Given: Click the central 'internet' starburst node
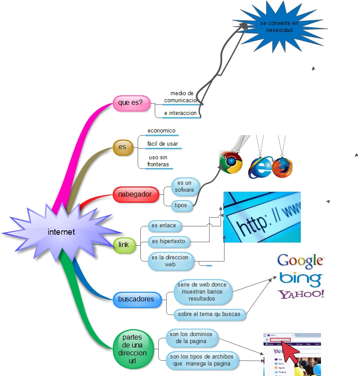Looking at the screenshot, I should point(61,232).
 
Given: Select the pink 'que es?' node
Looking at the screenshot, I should point(131,103).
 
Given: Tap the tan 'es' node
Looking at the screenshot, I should point(122,147).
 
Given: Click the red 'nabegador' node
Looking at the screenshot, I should point(135,194).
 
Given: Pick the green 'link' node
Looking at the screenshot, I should point(124,244).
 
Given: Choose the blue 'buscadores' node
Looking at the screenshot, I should point(136,299).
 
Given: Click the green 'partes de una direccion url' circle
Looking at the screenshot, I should point(135,349).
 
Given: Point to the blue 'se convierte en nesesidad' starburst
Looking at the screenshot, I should point(279,27).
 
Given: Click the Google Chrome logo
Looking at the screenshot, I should point(231,162).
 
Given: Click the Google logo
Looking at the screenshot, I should point(300,261).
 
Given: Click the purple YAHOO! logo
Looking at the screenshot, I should point(301,294).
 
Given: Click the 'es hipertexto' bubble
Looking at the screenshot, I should point(169,241).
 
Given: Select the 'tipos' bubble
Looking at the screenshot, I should point(181,205).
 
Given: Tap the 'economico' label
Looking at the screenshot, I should point(161,131).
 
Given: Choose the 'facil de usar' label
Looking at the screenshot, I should point(163,144).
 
